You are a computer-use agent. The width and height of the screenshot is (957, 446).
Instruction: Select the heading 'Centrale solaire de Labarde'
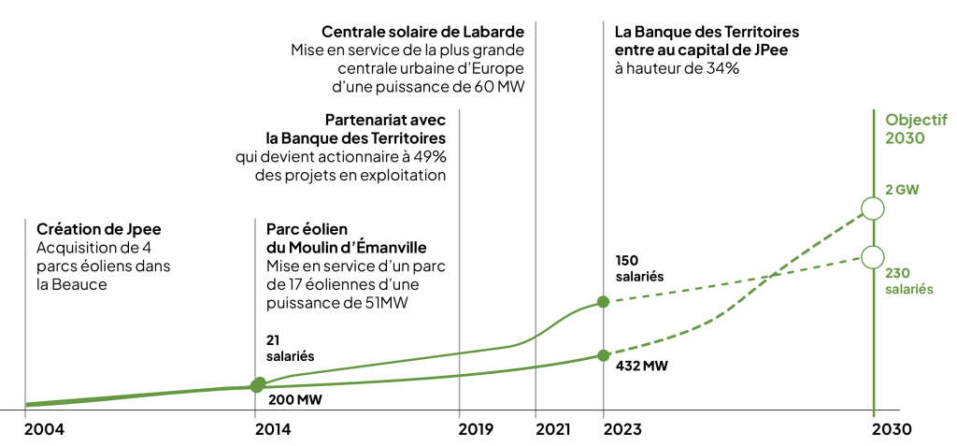pos(422,32)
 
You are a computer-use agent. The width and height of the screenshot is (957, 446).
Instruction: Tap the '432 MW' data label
pos(642,366)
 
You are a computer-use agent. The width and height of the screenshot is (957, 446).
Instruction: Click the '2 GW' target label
pos(902,189)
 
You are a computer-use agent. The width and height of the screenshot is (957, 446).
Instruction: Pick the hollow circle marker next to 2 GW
pos(873,209)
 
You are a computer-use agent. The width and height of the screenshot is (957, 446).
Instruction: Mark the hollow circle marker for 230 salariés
pos(873,256)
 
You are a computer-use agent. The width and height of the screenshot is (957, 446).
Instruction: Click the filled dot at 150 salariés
pos(603,301)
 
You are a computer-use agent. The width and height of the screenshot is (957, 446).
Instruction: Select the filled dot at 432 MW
pos(603,355)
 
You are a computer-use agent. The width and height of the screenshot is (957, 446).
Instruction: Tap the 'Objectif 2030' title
pos(916,128)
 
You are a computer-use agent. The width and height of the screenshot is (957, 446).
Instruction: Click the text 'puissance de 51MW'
pos(327,302)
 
